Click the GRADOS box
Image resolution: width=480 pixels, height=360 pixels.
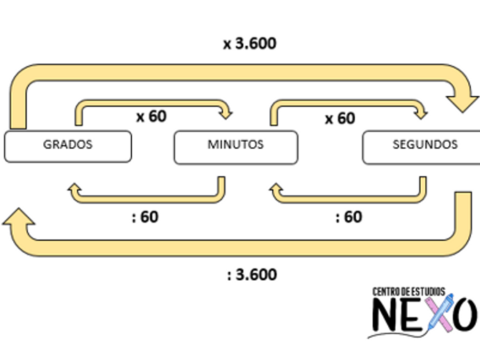click(x=67, y=146)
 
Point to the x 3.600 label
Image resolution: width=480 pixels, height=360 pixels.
click(x=249, y=43)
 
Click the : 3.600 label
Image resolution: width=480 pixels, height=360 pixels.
click(x=251, y=275)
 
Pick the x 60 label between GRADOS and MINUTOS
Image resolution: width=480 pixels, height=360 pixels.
click(x=151, y=116)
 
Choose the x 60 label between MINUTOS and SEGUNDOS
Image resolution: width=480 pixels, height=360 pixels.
click(x=339, y=118)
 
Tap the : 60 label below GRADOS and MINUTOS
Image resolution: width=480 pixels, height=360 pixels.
click(x=145, y=217)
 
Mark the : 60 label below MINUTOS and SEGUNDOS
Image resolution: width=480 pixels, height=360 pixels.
click(x=349, y=217)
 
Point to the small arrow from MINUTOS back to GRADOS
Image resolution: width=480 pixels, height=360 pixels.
click(x=146, y=195)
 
